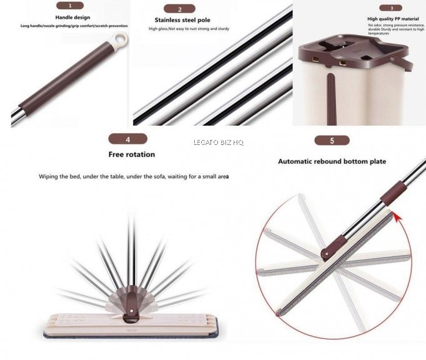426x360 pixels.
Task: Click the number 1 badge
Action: (70, 6)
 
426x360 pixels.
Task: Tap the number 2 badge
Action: (179, 9)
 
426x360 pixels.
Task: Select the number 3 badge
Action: (391, 8)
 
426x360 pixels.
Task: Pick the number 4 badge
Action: (127, 139)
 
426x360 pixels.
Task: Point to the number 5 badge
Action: (332, 141)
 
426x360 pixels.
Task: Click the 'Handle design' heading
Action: (72, 17)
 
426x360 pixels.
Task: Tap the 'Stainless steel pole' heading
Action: (182, 20)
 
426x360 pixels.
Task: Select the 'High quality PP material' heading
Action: (393, 19)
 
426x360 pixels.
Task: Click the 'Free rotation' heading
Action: (132, 154)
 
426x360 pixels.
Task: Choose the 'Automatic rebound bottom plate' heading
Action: (332, 161)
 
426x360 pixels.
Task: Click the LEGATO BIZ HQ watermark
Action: (219, 142)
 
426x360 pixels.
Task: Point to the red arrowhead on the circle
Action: (397, 217)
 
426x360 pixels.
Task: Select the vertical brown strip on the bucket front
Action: (331, 99)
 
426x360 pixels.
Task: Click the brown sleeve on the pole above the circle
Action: (392, 193)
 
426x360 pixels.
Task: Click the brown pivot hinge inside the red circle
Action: (334, 247)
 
